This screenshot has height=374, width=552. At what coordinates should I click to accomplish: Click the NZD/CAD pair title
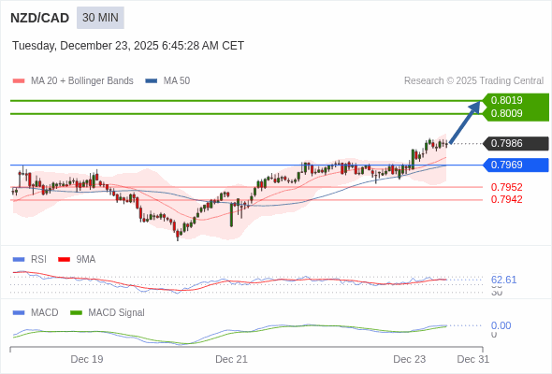[39, 18]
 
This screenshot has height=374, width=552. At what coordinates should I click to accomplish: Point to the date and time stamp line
[128, 45]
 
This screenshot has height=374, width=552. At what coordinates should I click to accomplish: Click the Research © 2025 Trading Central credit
[473, 81]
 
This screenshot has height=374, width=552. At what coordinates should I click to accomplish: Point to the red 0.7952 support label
[506, 187]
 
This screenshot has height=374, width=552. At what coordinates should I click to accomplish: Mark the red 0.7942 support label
[506, 199]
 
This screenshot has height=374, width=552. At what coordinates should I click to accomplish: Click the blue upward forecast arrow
[465, 122]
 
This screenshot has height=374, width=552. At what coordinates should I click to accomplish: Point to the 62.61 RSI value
[503, 280]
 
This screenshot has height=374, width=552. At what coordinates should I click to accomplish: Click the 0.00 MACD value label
[501, 325]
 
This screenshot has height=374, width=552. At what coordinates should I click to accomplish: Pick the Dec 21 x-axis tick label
[231, 359]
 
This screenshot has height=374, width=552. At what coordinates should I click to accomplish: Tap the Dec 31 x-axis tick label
[472, 359]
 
